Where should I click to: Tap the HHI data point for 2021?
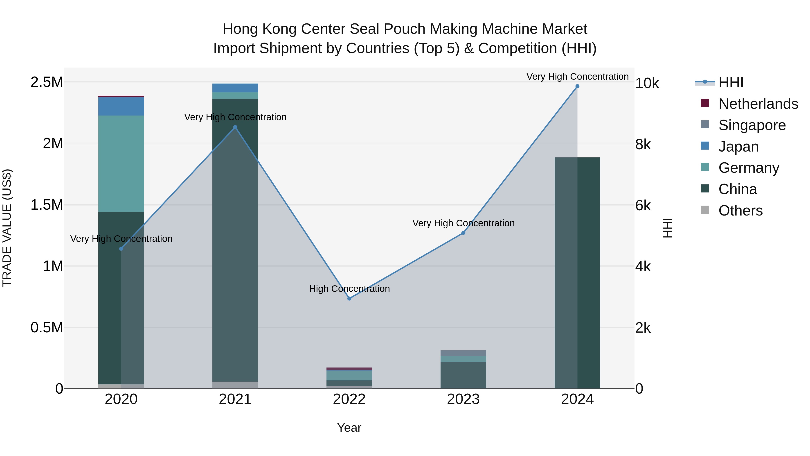click(x=235, y=127)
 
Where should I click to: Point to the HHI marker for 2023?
click(x=463, y=233)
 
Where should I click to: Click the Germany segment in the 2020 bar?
click(x=121, y=164)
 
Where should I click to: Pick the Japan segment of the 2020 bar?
click(x=121, y=106)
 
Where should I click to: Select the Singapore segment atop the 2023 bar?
click(x=463, y=353)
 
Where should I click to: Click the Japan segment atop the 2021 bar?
click(x=235, y=88)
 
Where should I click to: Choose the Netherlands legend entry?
click(x=758, y=104)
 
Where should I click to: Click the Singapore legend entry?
click(x=751, y=125)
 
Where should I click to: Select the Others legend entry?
click(x=740, y=211)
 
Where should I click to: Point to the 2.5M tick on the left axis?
click(x=47, y=82)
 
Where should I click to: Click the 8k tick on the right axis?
click(x=643, y=144)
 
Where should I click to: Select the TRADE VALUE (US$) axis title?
click(x=7, y=228)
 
